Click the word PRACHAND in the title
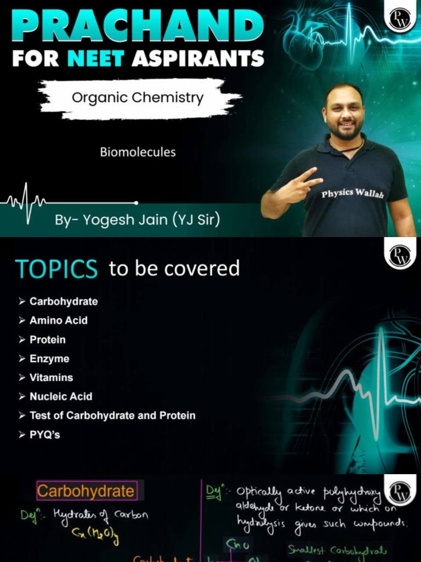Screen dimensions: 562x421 [x=138, y=25]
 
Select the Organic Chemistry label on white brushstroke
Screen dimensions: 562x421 [x=138, y=98]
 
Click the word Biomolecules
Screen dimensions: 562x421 [x=138, y=152]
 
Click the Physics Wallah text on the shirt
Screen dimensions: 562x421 [x=351, y=194]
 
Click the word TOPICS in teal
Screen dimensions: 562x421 [x=56, y=269]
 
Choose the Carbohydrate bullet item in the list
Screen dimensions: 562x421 [x=64, y=301]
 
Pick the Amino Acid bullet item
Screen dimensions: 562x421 [x=58, y=321]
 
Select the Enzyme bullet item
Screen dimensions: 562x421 [x=49, y=359]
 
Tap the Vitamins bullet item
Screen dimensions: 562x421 [x=51, y=378]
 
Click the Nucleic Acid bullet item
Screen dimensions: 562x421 [x=61, y=396]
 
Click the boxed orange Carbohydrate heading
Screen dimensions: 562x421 [x=86, y=491]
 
